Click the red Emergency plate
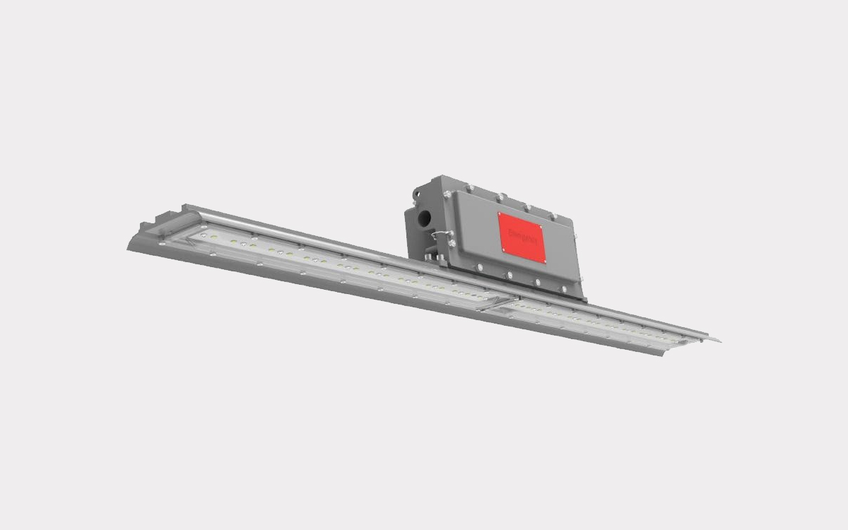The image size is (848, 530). coord(522,237)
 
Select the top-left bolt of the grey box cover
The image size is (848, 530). coord(447,194)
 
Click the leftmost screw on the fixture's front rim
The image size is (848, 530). coord(162,244)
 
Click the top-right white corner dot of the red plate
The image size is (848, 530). coord(541,228)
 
